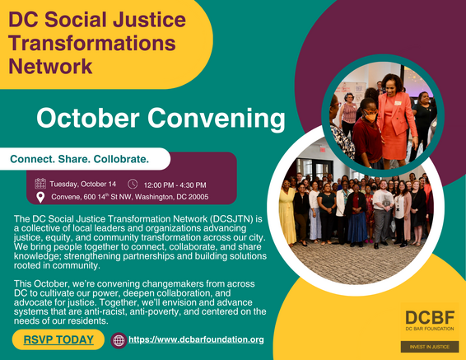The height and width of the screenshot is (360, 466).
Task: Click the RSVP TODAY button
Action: click(x=58, y=339)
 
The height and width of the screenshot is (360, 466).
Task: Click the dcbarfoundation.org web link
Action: click(x=196, y=339)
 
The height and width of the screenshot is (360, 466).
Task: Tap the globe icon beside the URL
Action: click(x=119, y=339)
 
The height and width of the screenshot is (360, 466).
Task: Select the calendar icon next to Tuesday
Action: click(x=40, y=184)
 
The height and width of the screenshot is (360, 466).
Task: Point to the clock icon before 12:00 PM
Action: click(x=133, y=184)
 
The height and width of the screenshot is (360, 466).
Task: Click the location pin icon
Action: click(x=40, y=198)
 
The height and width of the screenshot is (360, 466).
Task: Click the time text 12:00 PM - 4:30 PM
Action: click(x=175, y=185)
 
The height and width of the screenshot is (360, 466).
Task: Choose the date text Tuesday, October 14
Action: click(x=83, y=184)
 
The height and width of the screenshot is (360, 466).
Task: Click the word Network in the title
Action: click(x=49, y=63)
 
